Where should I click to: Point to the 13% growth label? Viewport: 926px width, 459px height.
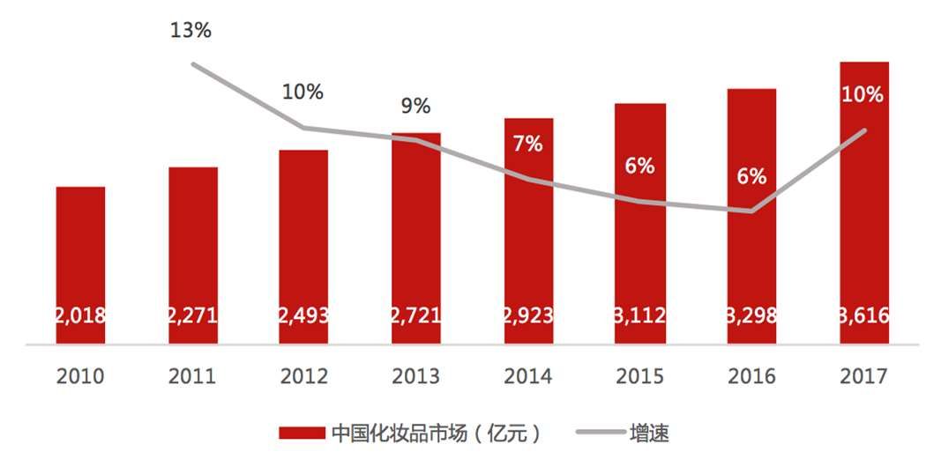(191, 31)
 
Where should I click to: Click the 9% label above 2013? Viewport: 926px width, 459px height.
(415, 107)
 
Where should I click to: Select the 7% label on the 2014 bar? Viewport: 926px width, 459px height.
(527, 144)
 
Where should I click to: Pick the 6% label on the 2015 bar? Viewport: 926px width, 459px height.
(639, 165)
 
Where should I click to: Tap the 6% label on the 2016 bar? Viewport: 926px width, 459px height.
(751, 176)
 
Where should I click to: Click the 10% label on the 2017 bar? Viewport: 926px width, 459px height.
(863, 95)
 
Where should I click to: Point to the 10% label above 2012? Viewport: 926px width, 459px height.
(302, 91)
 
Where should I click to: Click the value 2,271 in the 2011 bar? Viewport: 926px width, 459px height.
(192, 315)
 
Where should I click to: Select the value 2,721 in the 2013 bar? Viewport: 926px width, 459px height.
(416, 315)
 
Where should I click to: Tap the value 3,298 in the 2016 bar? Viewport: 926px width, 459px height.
(751, 315)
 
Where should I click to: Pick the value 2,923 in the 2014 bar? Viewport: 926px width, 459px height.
(528, 315)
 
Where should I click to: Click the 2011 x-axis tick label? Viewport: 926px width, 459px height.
(192, 376)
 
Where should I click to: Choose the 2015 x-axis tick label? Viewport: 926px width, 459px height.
(639, 376)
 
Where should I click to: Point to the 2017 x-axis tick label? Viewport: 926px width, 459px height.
(863, 376)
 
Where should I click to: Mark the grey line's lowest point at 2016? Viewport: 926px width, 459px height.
(751, 211)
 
